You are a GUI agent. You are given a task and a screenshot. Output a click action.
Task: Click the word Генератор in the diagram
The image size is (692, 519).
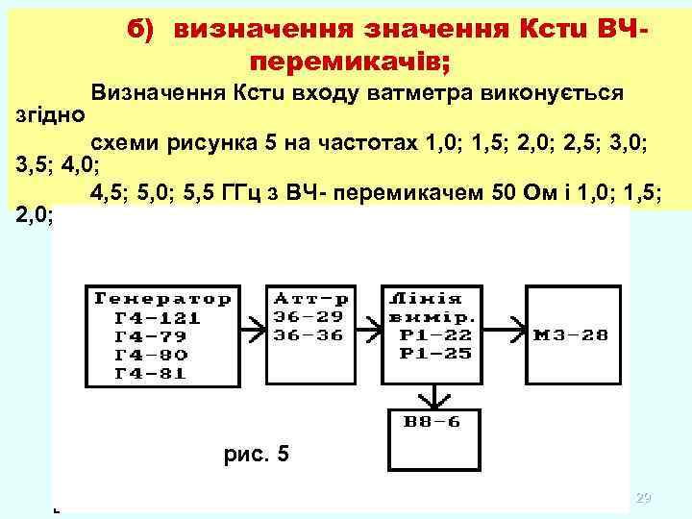point(161,298)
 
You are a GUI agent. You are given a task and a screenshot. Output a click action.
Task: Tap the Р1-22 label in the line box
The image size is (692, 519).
point(422,335)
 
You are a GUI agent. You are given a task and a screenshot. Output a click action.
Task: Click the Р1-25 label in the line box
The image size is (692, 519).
point(422,354)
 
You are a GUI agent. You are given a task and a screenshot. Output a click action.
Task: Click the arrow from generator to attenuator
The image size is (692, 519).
point(254,327)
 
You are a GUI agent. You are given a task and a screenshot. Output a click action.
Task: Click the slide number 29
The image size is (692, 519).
point(643,498)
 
